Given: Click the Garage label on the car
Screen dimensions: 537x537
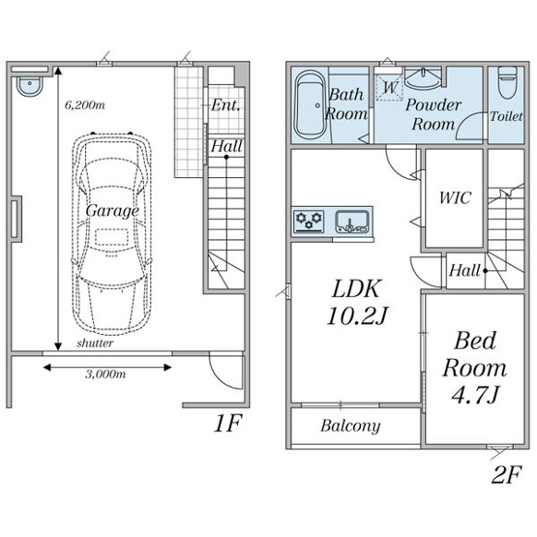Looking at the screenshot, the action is (112, 211).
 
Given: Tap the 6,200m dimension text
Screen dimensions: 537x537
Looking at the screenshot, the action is (85, 104).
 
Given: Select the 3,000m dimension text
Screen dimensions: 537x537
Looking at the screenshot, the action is (105, 374).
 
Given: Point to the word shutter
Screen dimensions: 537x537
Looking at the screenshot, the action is (95, 343).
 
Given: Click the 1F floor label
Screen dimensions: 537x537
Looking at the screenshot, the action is (227, 423).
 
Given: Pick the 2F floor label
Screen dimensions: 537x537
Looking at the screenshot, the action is (506, 474).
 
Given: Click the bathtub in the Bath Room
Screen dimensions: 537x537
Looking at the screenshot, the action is (311, 104).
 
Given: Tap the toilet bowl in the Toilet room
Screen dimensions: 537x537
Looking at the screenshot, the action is (507, 82).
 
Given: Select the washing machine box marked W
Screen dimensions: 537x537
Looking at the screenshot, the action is (389, 88).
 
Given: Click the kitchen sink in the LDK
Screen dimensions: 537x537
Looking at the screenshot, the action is (352, 222).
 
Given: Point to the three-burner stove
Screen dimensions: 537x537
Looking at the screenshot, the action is (309, 222).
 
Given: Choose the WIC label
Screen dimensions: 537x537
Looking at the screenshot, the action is (455, 197).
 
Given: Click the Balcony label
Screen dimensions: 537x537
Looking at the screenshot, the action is (350, 426).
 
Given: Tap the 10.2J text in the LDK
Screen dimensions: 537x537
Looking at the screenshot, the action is (357, 315).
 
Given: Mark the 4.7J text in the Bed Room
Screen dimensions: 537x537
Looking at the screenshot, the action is (475, 395).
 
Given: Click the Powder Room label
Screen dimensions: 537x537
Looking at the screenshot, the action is (433, 114).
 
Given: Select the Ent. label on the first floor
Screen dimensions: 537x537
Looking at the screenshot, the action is (225, 104).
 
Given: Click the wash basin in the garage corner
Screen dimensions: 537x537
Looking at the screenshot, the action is (30, 85).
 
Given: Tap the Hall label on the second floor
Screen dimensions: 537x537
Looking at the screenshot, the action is (464, 270).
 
